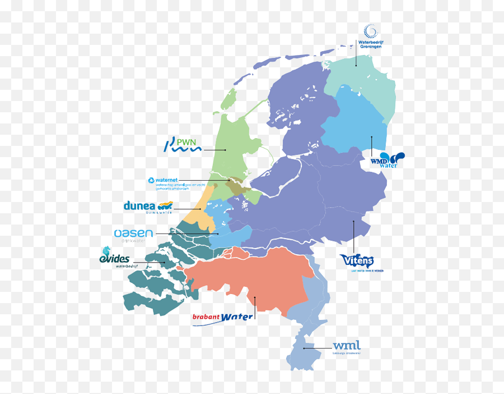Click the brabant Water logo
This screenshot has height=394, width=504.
(x=222, y=318)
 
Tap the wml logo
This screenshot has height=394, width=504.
(x=347, y=347)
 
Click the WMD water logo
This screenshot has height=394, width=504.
(x=386, y=160)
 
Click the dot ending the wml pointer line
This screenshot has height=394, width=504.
(x=304, y=349)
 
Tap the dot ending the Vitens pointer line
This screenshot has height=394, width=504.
(x=353, y=221)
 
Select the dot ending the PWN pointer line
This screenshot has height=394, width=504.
(x=225, y=150)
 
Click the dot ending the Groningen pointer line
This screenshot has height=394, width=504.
(x=356, y=65)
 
